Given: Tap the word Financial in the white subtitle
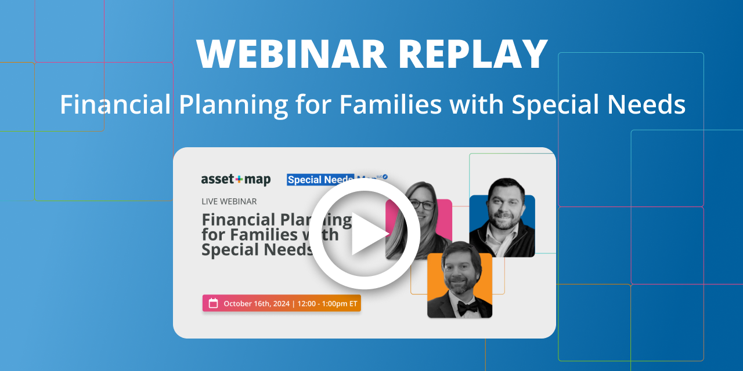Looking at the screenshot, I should (x=115, y=104).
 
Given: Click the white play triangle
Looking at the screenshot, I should (x=368, y=234).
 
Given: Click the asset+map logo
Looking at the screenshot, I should (x=236, y=180).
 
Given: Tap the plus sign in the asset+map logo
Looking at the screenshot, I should (x=237, y=180).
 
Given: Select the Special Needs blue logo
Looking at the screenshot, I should (x=320, y=180).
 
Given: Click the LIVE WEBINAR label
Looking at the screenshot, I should (x=229, y=201).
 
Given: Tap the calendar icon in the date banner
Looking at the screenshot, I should (x=213, y=303).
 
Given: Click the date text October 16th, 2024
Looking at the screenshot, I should (x=256, y=303).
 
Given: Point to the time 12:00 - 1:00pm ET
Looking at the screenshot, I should (x=328, y=303).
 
